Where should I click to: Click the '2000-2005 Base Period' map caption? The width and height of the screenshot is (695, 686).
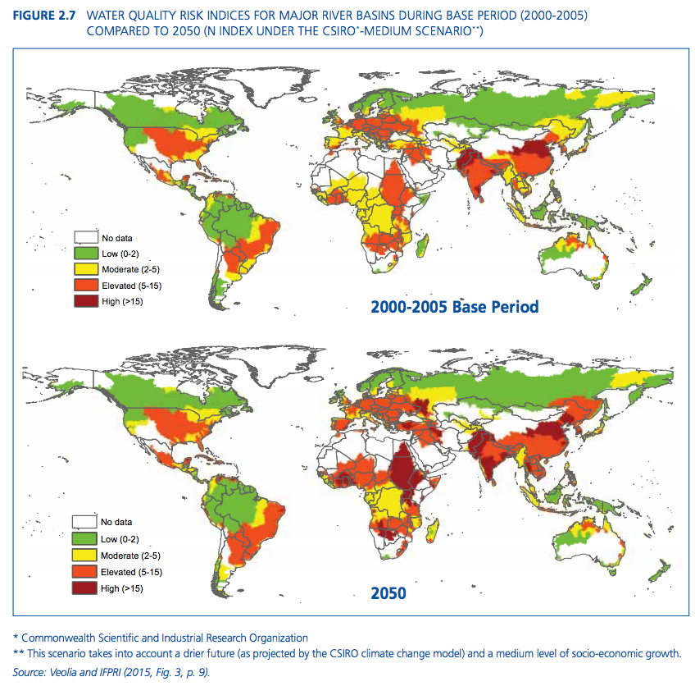click(455, 307)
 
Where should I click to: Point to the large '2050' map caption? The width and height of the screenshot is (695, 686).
click(389, 592)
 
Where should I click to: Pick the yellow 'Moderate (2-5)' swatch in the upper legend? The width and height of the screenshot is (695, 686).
click(86, 269)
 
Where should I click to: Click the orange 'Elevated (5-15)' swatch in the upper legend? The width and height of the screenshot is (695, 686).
click(86, 285)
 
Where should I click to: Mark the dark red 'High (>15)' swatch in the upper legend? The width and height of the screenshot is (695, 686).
click(86, 301)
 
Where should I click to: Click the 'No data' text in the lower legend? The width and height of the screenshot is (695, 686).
click(116, 522)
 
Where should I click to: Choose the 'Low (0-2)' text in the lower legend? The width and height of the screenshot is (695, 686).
click(120, 539)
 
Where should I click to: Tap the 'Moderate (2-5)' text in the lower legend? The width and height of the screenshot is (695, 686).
click(129, 556)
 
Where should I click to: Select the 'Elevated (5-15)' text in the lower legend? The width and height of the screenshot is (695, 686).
click(130, 572)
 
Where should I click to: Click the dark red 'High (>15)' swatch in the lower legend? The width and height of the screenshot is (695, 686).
click(86, 588)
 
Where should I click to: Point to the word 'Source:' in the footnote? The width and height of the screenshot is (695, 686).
click(30, 672)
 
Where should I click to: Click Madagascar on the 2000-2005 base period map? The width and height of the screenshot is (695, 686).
click(424, 245)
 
